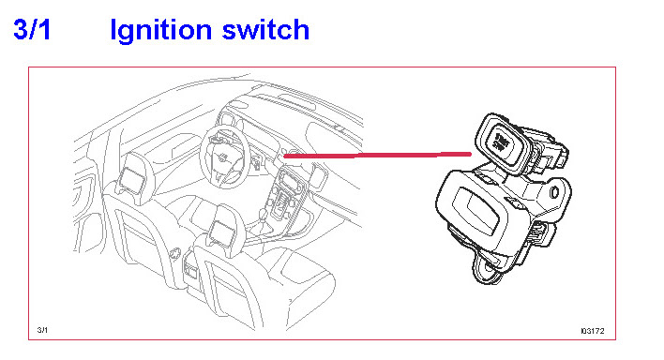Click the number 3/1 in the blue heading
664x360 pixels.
tap(32, 30)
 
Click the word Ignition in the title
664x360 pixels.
tap(160, 31)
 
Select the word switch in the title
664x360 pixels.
tap(265, 30)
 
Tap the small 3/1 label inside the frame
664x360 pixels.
tap(42, 330)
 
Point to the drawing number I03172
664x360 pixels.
tap(593, 331)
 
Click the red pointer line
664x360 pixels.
tap(377, 156)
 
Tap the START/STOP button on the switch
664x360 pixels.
tap(501, 142)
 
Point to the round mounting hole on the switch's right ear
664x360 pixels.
tap(554, 192)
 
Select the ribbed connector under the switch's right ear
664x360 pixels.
tap(541, 235)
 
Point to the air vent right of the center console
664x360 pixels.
tap(319, 175)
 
